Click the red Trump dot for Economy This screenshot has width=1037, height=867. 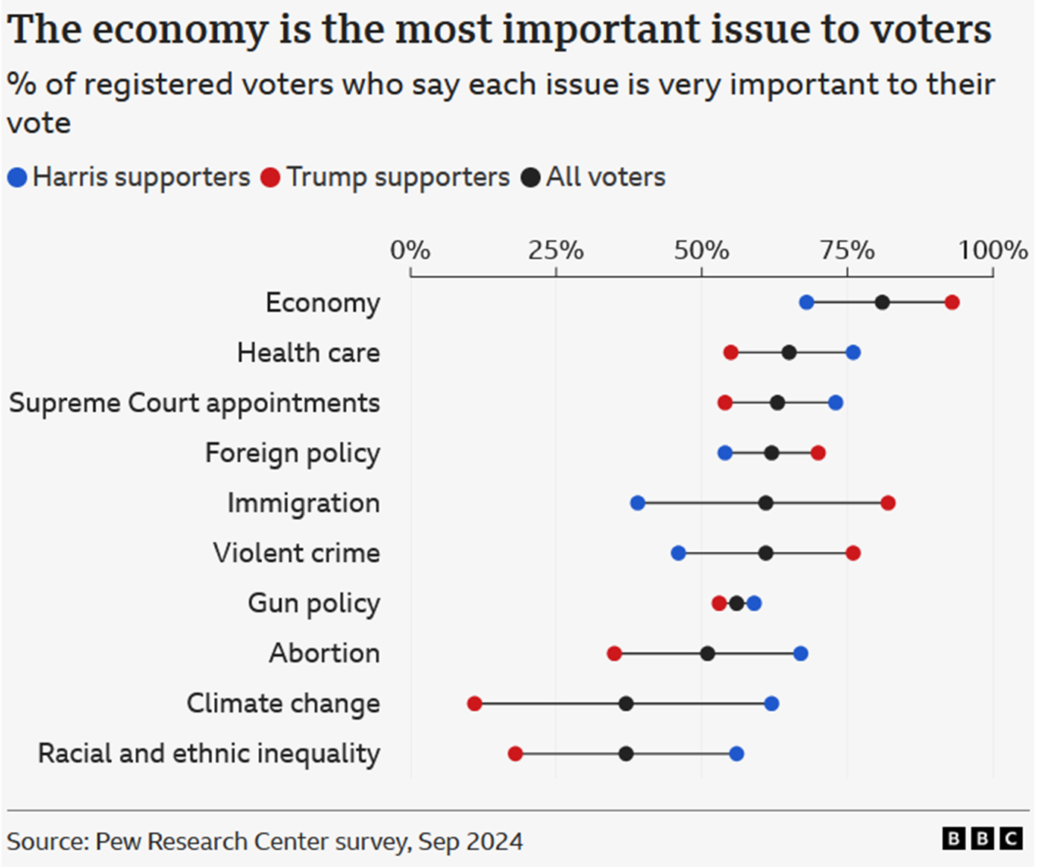click(952, 302)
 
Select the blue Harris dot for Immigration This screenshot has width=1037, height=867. click(637, 503)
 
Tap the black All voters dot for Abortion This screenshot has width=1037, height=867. click(707, 654)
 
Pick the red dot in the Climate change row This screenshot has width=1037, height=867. click(474, 704)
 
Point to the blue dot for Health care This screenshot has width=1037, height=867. click(853, 352)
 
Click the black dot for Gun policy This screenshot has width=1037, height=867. click(736, 603)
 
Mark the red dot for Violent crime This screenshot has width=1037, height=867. click(853, 553)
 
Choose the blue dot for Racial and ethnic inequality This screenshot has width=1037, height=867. click(736, 754)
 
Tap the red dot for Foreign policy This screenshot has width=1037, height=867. click(818, 453)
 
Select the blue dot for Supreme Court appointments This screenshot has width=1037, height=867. click(836, 403)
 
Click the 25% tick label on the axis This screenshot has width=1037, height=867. click(556, 250)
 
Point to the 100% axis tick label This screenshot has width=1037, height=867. click(993, 250)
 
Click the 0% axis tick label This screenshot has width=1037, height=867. click(410, 250)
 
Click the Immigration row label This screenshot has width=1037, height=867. click(304, 503)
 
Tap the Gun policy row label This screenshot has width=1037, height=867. click(314, 603)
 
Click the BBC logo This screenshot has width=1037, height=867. click(982, 839)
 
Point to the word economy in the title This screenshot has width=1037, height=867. click(180, 30)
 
